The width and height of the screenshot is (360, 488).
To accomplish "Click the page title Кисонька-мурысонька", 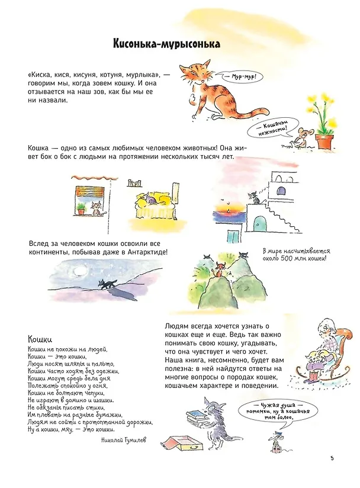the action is point(166,44).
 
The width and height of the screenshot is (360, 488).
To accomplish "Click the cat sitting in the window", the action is point(96,208).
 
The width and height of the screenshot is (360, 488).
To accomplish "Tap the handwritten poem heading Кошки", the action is point(40,339).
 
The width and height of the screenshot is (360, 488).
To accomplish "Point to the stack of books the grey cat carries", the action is point(195,416).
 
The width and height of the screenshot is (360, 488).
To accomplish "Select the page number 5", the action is point(332,458).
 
